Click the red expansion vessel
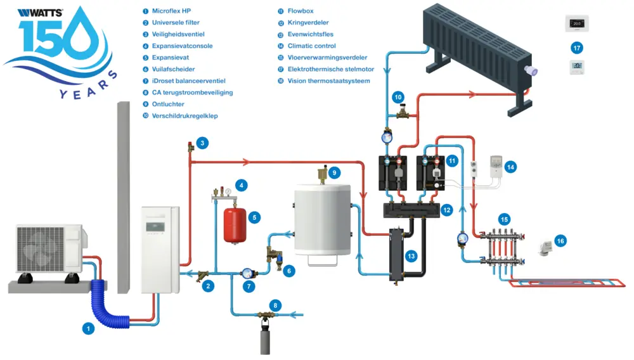click(x=234, y=223)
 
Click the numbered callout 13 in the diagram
click(x=411, y=255)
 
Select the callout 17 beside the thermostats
click(x=576, y=48)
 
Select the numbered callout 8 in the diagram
click(x=274, y=305)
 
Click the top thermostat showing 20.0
click(x=576, y=23)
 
